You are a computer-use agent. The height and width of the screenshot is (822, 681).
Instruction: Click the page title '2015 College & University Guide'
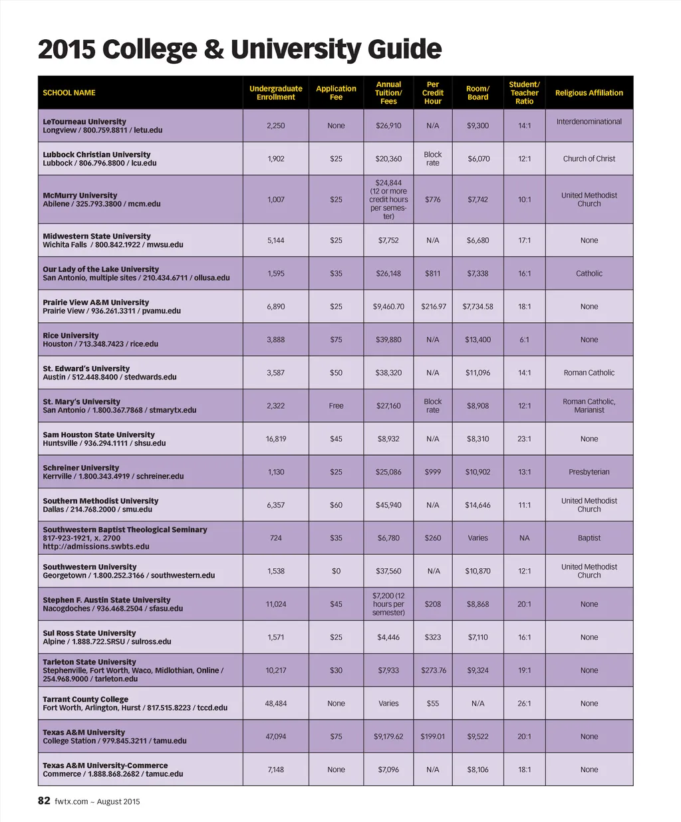239,50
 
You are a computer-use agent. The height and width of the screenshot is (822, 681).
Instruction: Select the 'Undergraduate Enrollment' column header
275,93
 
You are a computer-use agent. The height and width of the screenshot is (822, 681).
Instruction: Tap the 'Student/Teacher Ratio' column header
524,93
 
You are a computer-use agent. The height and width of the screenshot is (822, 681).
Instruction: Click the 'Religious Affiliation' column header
589,93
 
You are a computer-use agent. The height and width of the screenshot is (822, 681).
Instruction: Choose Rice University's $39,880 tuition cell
388,340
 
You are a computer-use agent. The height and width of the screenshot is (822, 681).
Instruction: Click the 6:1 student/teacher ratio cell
524,340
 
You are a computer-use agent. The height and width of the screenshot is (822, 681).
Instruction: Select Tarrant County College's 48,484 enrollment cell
275,703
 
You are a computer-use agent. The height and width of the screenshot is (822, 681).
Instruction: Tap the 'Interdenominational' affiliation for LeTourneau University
589,122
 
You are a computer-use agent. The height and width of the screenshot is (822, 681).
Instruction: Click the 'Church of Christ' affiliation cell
589,159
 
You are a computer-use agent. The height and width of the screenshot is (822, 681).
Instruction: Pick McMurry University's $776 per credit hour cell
432,199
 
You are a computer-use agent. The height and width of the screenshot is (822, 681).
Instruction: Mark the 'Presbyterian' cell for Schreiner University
589,472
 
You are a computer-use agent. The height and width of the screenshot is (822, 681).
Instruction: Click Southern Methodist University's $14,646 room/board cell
477,505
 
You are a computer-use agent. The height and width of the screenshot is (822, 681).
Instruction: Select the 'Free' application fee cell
336,405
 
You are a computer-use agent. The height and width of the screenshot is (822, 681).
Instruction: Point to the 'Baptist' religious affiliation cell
589,538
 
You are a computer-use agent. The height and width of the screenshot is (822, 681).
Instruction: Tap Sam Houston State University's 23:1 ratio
524,439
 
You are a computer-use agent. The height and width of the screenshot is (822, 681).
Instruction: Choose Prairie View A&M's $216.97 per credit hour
433,306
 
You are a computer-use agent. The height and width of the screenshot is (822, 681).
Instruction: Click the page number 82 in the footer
44,801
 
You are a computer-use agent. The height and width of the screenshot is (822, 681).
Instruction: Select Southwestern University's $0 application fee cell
336,571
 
